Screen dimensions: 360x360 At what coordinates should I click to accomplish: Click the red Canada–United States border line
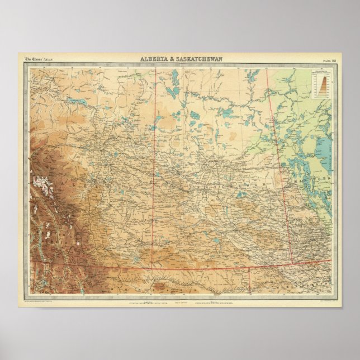224,268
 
